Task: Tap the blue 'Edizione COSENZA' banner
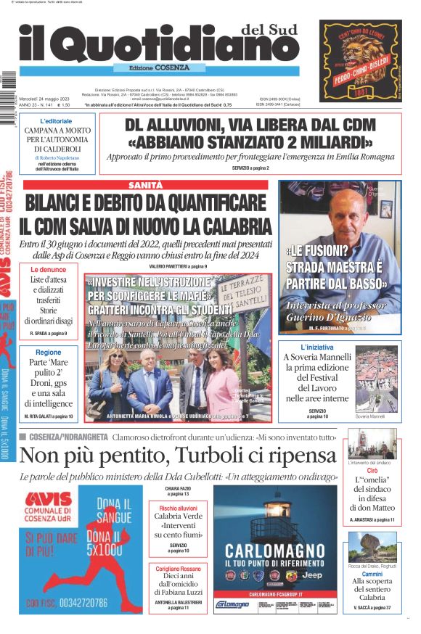pos(152,67)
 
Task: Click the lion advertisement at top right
pos(361,61)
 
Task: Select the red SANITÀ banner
pos(145,185)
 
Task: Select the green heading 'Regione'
pos(49,352)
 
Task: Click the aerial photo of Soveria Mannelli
pos(377,379)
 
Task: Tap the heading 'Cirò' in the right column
pos(372,471)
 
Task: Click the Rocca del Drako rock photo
pos(372,546)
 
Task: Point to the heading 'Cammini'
pos(372,573)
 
